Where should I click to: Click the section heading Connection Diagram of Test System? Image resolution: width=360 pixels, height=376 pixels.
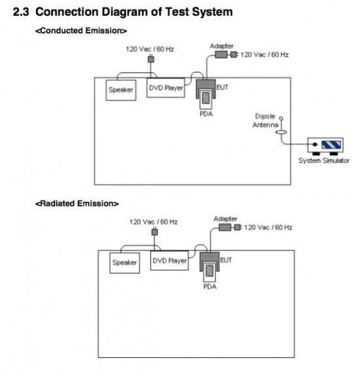(x=134, y=12)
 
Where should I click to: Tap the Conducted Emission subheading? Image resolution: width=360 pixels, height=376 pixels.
(x=81, y=31)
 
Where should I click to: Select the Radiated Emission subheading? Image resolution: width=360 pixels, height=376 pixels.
(x=77, y=203)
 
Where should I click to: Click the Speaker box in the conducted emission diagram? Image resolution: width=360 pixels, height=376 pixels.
(x=121, y=90)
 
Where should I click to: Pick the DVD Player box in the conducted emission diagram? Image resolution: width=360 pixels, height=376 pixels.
(x=166, y=88)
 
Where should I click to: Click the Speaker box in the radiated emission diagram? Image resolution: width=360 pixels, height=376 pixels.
(x=124, y=263)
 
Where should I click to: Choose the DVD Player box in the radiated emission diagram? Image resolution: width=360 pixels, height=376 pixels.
(x=170, y=261)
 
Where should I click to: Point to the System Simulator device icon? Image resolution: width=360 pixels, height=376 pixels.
(x=325, y=146)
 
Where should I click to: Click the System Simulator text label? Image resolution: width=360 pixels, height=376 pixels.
(x=324, y=160)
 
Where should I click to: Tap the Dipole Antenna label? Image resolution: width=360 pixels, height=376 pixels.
(x=266, y=120)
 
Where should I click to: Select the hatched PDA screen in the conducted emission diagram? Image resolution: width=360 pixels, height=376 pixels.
(x=206, y=98)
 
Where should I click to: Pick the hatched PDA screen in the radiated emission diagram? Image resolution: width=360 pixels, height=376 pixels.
(x=209, y=271)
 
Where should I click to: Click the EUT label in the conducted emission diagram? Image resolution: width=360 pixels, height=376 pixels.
(x=223, y=88)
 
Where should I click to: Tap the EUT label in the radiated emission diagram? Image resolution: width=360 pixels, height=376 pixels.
(x=226, y=260)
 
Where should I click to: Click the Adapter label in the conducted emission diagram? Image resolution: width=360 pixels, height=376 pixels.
(x=221, y=46)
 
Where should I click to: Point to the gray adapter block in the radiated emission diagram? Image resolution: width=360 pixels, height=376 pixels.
(x=225, y=228)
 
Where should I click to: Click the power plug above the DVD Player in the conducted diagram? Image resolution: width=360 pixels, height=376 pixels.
(x=151, y=59)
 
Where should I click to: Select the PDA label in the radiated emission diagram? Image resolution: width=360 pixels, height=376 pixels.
(x=210, y=286)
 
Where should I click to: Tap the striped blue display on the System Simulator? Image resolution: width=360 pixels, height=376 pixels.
(x=331, y=145)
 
